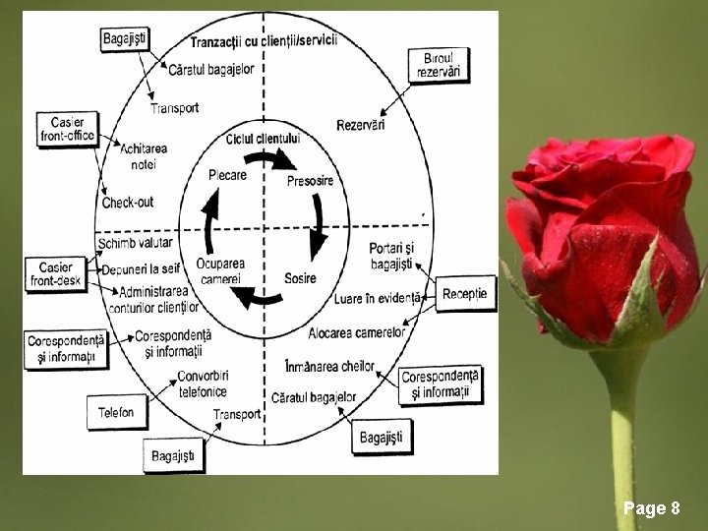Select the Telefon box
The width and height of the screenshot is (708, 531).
116,412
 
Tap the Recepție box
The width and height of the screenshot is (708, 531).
465,294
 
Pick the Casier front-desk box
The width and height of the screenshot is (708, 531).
56,274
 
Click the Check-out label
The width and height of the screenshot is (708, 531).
128,203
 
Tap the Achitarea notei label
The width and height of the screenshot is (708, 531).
144,155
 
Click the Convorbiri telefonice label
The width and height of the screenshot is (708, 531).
202,383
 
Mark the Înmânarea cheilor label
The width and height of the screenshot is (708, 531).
329,367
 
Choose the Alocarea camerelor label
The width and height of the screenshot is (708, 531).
357,332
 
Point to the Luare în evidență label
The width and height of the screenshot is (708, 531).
377,297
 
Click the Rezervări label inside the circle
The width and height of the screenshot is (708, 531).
361,125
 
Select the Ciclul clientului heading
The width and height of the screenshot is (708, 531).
263,138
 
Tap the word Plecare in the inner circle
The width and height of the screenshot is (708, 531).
227,175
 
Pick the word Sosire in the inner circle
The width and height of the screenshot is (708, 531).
300,278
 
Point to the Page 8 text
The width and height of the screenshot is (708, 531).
651,508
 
